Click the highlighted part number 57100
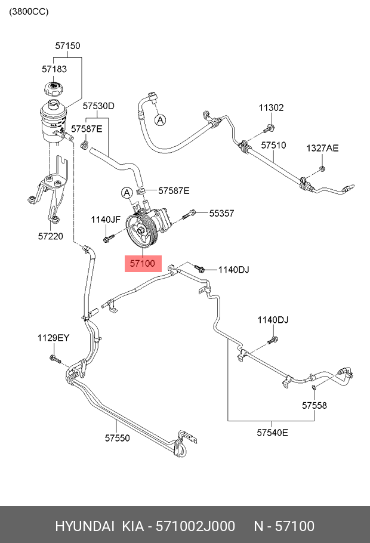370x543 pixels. click(x=143, y=263)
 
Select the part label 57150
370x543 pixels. click(x=67, y=45)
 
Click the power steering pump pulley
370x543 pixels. click(x=141, y=232)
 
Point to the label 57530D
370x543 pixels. click(x=98, y=106)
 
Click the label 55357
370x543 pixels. click(x=221, y=212)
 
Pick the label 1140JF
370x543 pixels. click(x=106, y=220)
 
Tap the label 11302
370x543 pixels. click(x=271, y=108)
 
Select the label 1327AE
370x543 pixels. click(x=322, y=148)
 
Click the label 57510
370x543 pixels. click(x=273, y=145)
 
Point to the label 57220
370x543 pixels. click(x=51, y=236)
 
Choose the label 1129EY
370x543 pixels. click(x=54, y=338)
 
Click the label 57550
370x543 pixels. click(x=118, y=437)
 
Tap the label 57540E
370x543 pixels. click(x=272, y=432)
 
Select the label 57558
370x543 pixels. click(x=314, y=406)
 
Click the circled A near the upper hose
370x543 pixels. click(x=160, y=120)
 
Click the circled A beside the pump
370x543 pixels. click(x=126, y=192)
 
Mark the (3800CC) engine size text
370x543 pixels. click(x=29, y=12)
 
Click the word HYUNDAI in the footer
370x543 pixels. click(x=85, y=526)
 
